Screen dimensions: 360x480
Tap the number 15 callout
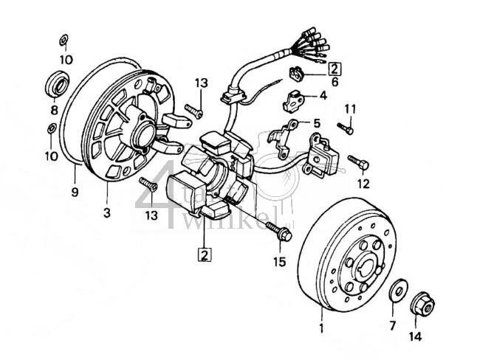tap(279, 261)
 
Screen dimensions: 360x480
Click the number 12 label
tap(363, 183)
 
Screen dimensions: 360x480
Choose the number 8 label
tap(53, 111)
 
